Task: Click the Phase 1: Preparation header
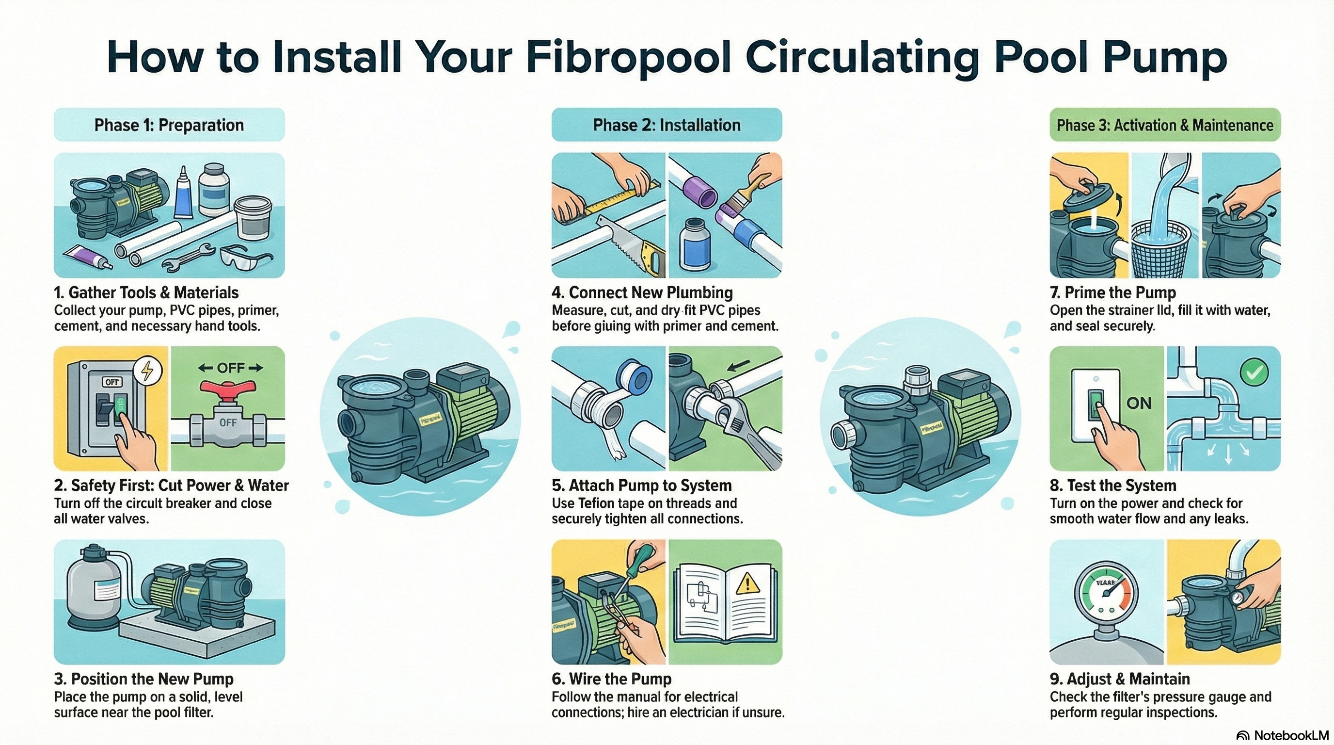click(169, 125)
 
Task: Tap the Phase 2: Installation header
click(667, 125)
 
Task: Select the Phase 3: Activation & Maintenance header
click(1165, 125)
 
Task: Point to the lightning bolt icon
click(148, 371)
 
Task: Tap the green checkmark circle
click(1254, 372)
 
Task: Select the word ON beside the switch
click(1139, 403)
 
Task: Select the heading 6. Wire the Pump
click(612, 679)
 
